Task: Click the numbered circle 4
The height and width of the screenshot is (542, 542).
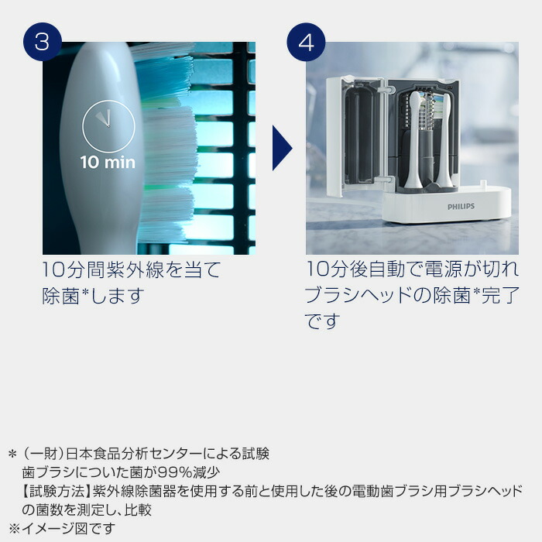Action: (307, 42)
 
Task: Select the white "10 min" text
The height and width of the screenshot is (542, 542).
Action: (108, 163)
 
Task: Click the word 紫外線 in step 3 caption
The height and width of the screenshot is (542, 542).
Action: (151, 270)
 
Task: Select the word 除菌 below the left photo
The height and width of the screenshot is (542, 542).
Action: (61, 297)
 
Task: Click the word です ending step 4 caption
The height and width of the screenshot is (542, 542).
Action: (323, 321)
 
